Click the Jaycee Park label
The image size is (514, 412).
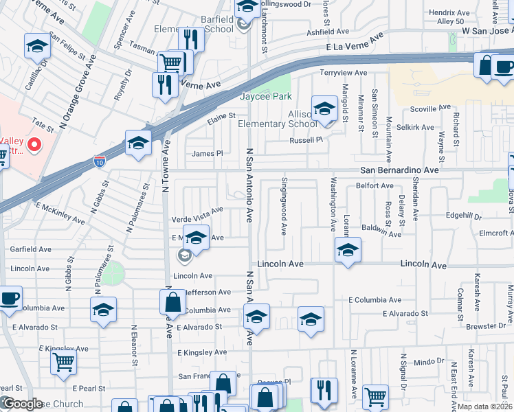coord(265,97)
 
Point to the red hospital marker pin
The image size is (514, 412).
coord(33,145)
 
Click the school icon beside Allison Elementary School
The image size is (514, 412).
coord(324,108)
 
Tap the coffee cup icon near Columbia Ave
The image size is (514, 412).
coord(10,299)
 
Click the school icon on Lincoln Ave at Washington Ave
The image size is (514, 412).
coord(348,251)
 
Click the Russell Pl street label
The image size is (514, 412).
coord(305,140)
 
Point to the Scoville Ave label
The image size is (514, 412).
coord(429,109)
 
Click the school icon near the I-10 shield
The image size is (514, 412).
coord(138,144)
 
